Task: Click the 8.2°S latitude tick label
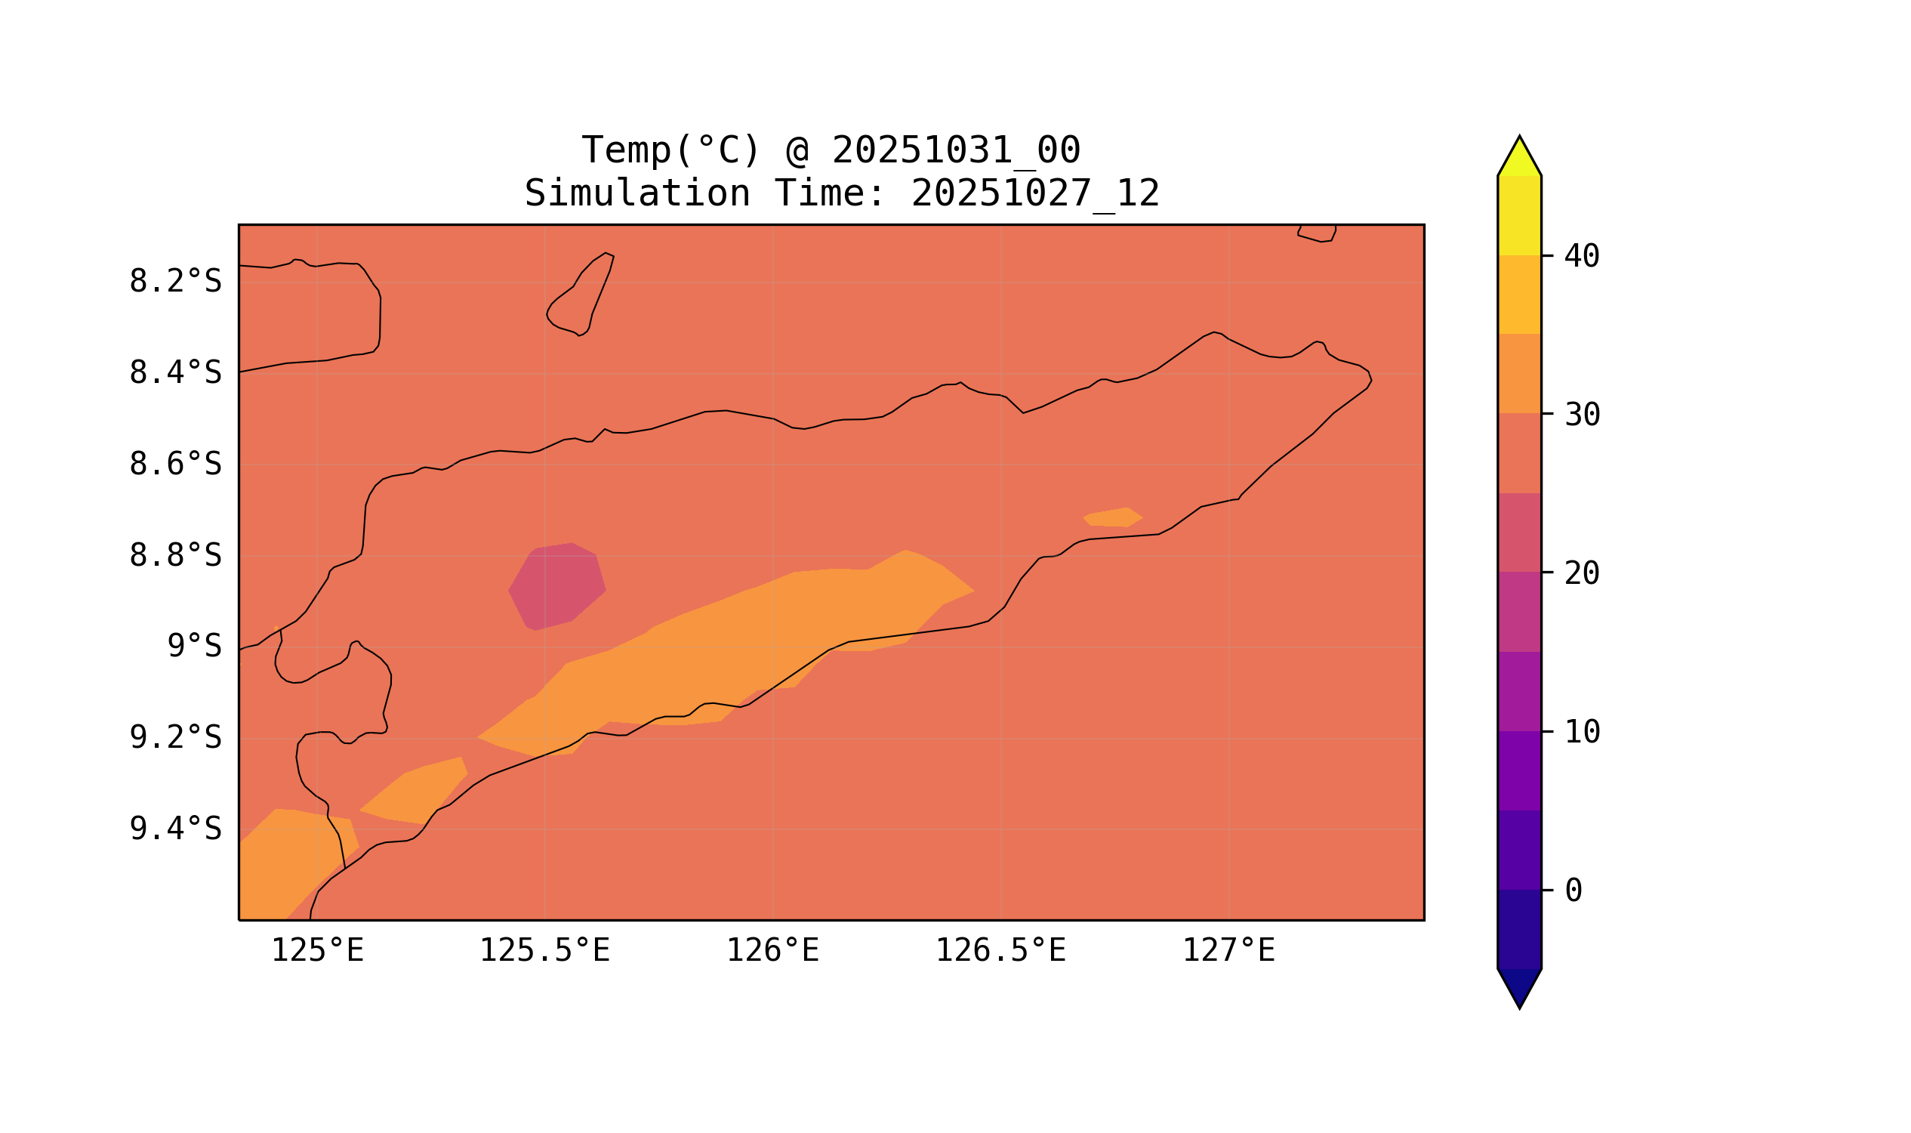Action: click(x=174, y=282)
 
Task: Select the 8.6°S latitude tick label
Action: click(x=174, y=465)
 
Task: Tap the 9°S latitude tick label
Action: click(x=194, y=647)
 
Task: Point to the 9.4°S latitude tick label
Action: click(x=174, y=829)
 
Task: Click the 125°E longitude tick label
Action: click(x=317, y=951)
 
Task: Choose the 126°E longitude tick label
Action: click(x=772, y=951)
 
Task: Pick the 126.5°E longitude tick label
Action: click(x=1000, y=951)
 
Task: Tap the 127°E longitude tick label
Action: click(x=1228, y=951)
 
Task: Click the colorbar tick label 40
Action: click(x=1581, y=257)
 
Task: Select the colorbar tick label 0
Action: click(x=1573, y=891)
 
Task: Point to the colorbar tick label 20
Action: click(x=1581, y=573)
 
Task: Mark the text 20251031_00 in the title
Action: click(x=956, y=150)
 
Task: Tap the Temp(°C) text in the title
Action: click(x=670, y=150)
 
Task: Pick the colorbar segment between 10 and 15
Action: click(x=1518, y=692)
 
